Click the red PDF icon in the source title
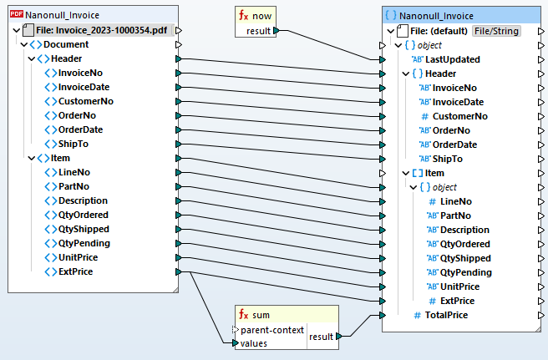click(x=16, y=15)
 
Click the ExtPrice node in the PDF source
click(x=75, y=271)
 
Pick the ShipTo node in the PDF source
click(x=73, y=144)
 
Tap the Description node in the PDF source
click(x=83, y=200)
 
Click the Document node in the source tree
click(x=66, y=44)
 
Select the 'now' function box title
click(x=263, y=16)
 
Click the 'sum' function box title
click(x=261, y=315)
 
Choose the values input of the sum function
click(x=256, y=342)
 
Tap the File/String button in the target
click(x=496, y=31)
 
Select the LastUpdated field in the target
click(x=453, y=59)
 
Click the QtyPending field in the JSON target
click(x=466, y=272)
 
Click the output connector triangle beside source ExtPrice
click(x=178, y=271)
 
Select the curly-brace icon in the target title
click(x=391, y=15)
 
